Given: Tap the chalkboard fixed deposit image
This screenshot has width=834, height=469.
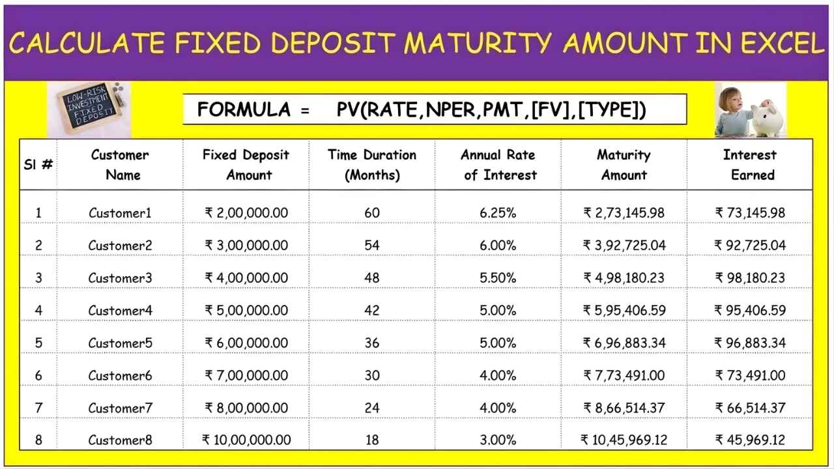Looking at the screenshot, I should (x=89, y=109).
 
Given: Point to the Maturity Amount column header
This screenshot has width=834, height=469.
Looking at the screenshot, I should (x=624, y=165).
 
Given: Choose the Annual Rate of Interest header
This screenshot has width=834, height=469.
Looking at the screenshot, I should (x=498, y=165).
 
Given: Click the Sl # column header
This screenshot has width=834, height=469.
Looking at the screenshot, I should (x=38, y=165).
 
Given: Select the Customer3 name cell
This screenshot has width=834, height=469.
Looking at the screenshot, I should (x=120, y=278).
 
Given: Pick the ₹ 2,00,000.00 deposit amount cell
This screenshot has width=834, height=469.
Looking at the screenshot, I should (x=246, y=213).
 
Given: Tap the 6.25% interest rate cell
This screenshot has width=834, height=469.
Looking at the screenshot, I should (x=498, y=213).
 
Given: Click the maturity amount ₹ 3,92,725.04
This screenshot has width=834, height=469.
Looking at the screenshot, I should (x=624, y=246).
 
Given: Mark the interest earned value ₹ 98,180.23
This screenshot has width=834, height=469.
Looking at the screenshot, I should (x=750, y=278).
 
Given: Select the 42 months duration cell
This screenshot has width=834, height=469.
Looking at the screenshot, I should (x=371, y=311).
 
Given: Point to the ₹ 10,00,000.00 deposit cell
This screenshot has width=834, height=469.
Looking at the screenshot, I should (x=246, y=440).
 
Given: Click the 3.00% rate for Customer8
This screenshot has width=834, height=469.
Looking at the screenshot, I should (x=498, y=440).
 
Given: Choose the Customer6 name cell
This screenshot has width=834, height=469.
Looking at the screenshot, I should (x=120, y=376).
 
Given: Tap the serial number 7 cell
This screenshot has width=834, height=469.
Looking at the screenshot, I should (x=38, y=408).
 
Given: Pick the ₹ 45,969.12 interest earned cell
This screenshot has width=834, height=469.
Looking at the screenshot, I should (x=750, y=440).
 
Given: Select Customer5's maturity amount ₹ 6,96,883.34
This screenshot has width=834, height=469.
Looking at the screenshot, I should (x=624, y=343).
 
